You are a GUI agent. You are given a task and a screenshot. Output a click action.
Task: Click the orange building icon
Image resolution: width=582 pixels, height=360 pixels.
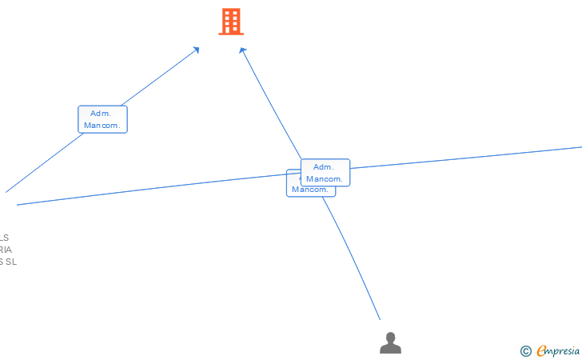(231, 22)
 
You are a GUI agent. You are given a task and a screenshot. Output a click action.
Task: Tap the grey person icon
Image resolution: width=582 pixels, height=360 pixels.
(390, 343)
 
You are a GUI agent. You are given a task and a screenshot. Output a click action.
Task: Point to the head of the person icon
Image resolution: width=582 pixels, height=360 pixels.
(390, 337)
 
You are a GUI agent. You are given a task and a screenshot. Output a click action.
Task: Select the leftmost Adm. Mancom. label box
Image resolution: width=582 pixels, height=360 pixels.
(102, 119)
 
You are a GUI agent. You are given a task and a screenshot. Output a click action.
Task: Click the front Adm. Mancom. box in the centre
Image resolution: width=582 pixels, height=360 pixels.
(325, 173)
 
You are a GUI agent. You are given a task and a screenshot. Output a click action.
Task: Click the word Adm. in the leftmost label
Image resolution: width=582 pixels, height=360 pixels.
(101, 114)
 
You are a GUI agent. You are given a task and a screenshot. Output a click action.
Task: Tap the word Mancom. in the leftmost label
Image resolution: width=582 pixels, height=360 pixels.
(102, 126)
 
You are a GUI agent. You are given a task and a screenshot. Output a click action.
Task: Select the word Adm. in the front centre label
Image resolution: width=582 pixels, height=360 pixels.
(323, 167)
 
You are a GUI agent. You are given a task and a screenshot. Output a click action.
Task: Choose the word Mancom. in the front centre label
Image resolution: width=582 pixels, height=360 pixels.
(325, 179)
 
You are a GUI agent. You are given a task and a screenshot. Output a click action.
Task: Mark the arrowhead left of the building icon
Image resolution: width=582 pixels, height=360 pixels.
(196, 50)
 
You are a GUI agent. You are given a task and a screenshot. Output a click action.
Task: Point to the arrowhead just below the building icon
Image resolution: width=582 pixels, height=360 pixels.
(242, 50)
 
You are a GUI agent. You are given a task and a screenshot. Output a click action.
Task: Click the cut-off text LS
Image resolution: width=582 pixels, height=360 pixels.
(4, 238)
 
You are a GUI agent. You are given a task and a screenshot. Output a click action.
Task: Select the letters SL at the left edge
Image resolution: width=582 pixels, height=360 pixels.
(10, 262)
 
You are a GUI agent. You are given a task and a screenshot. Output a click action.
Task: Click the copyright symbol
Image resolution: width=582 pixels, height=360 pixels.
(525, 350)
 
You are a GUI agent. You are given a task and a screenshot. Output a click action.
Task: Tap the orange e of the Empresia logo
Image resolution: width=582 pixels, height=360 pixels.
(541, 350)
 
